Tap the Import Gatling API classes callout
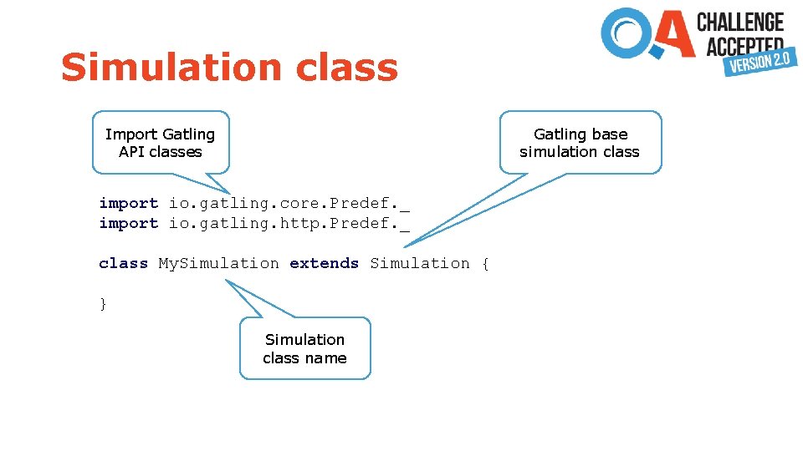[x=161, y=143]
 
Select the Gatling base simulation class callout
[x=580, y=143]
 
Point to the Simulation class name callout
[x=304, y=348]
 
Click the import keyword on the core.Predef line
[x=128, y=203]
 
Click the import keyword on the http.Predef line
[x=128, y=223]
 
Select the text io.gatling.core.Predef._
[x=289, y=203]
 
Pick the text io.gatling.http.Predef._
[x=289, y=223]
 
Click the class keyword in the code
[x=123, y=263]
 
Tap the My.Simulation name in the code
[x=219, y=263]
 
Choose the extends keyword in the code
[x=324, y=263]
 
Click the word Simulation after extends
[x=420, y=263]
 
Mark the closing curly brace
[x=103, y=304]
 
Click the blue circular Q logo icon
[x=628, y=33]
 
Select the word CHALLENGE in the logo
[x=740, y=22]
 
